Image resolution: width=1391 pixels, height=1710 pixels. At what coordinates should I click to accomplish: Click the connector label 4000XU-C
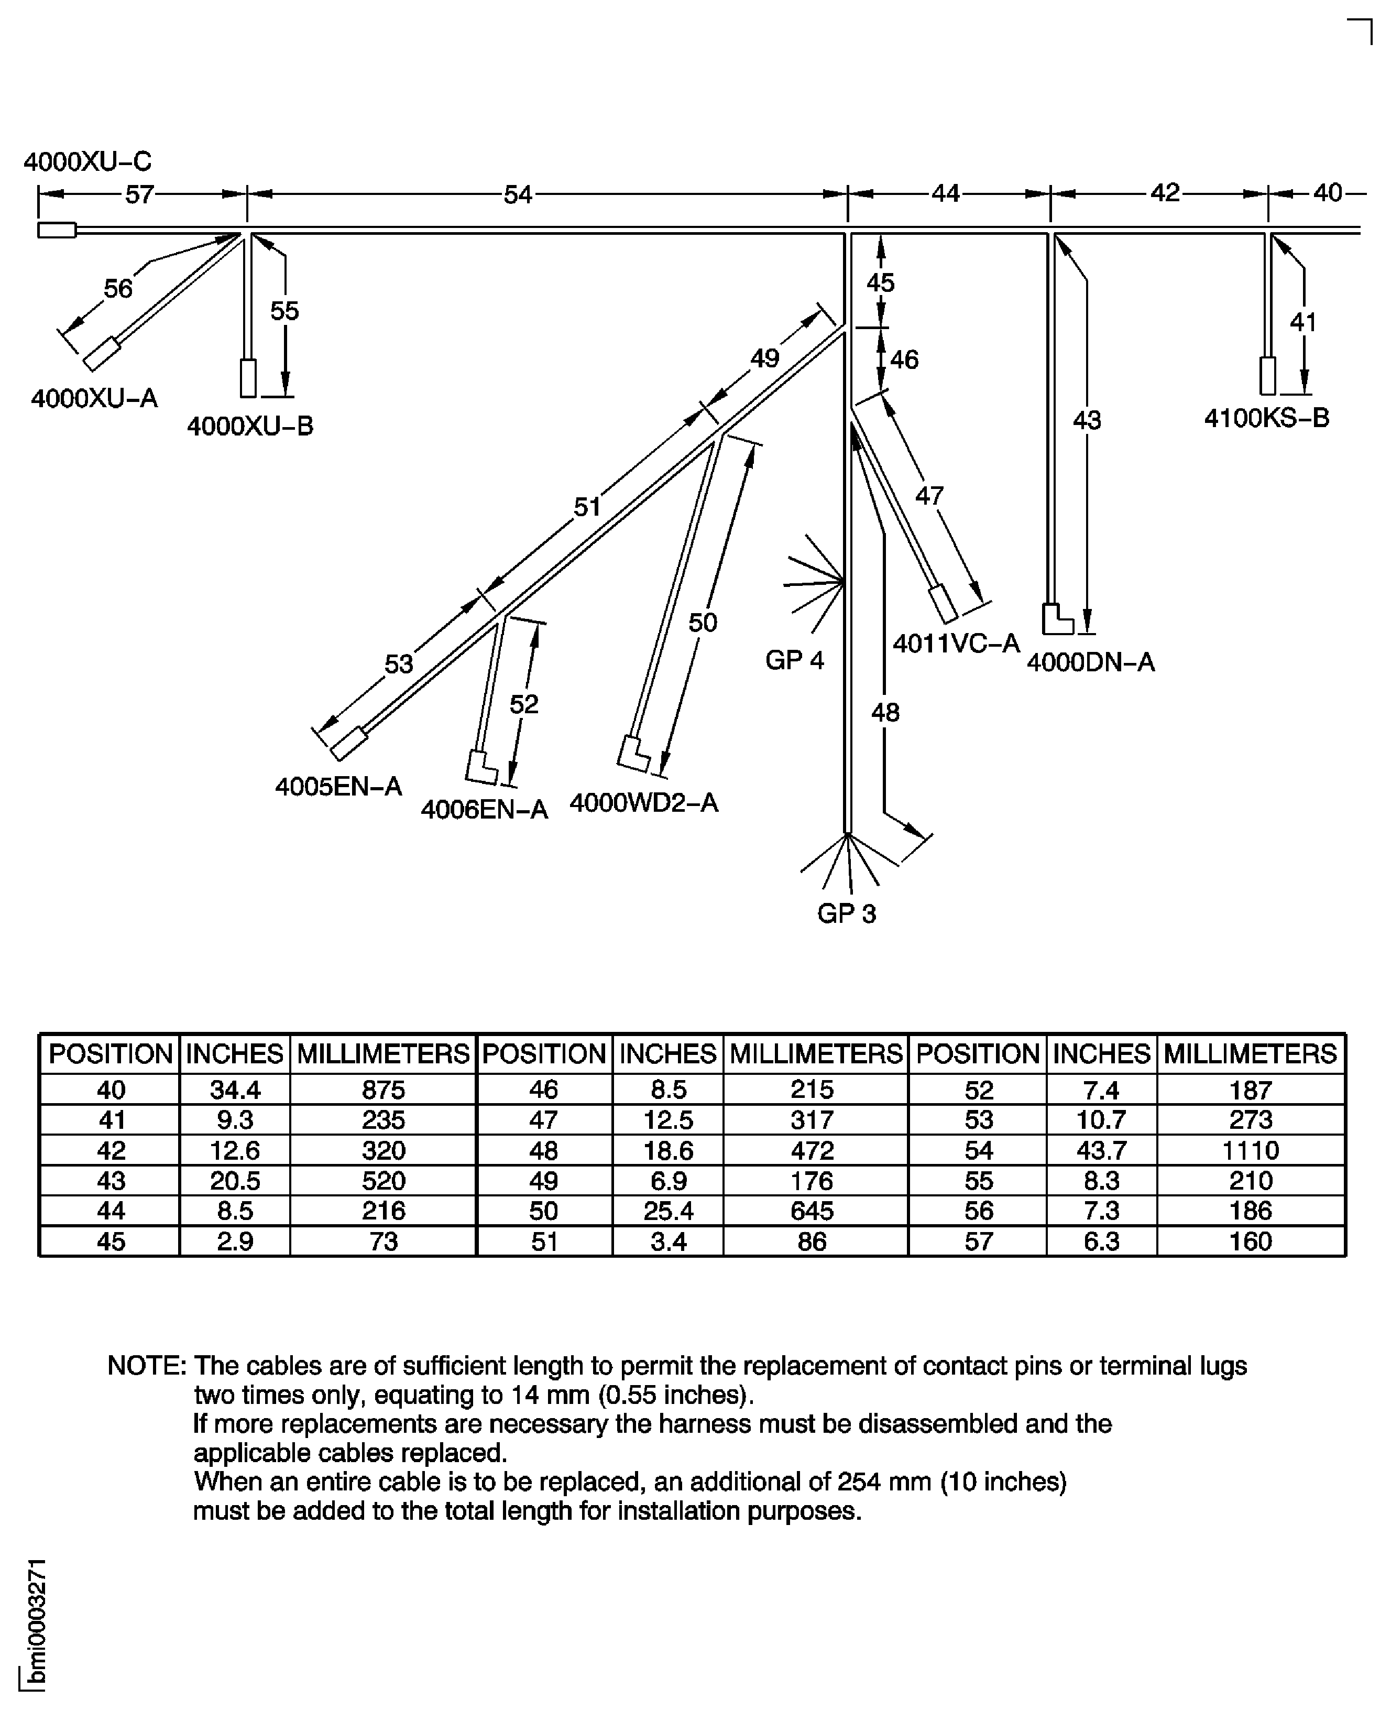coord(87,162)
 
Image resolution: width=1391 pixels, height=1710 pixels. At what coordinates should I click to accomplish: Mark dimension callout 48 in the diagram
coord(885,712)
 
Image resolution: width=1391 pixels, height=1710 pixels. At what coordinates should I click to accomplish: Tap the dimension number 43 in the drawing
coord(1087,420)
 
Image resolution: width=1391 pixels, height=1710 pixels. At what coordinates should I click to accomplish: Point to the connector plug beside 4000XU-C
coord(57,231)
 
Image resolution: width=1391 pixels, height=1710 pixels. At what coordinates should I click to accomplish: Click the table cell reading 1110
coord(1250,1151)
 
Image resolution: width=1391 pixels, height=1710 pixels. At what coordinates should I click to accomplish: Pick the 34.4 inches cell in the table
coord(235,1090)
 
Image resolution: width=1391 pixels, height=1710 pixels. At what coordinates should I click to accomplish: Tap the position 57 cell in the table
coord(978,1241)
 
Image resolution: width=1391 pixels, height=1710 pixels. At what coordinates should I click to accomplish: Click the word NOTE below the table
coord(147,1366)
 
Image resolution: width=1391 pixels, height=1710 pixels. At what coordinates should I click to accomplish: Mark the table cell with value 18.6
coord(669,1151)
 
